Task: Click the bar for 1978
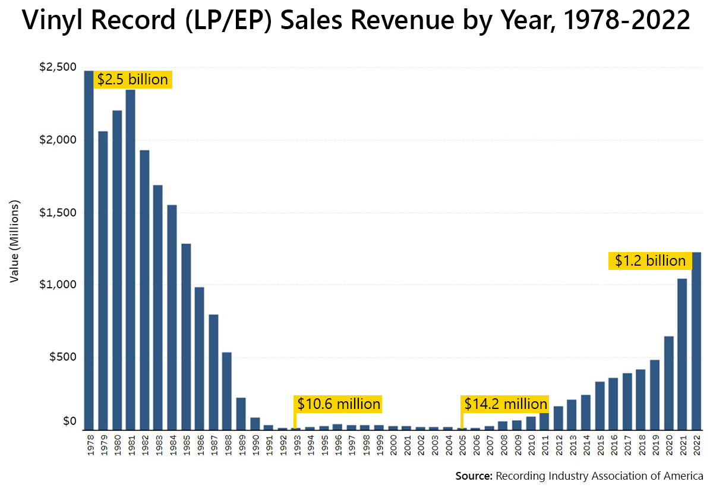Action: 89,250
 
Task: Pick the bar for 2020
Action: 668,383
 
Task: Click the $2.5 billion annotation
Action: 132,79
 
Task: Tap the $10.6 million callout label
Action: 338,404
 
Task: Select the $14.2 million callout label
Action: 505,404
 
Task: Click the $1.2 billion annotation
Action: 650,260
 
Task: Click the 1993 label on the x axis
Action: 296,446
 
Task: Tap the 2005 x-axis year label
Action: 463,446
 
